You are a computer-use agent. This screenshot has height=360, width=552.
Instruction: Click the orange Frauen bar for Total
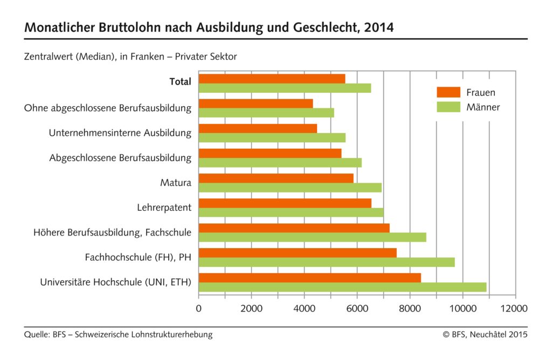272,79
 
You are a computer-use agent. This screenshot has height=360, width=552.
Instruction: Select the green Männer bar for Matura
290,188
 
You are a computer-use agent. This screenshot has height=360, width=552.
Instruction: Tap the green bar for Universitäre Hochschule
342,287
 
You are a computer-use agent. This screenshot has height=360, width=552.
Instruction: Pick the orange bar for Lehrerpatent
285,203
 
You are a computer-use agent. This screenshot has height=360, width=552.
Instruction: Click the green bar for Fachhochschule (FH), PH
327,262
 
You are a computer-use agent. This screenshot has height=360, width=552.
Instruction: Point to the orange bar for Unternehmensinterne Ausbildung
258,128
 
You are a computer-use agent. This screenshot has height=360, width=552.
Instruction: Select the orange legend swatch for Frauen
448,92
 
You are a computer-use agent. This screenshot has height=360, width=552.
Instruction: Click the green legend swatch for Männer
448,107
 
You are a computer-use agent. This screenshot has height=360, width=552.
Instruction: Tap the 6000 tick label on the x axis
357,308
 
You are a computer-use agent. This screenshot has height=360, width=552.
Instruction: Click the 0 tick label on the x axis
199,308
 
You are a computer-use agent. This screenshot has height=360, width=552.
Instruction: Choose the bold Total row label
180,82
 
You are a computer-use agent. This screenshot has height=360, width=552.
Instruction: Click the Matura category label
176,183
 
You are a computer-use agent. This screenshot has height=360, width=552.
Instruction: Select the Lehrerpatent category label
164,207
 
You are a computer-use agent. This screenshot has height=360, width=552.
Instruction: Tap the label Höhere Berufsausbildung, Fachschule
112,232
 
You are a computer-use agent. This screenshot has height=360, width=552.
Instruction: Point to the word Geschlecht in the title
320,27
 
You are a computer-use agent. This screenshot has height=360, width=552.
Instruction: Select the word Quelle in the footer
36,335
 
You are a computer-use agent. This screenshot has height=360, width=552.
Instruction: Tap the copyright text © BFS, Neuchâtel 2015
485,335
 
